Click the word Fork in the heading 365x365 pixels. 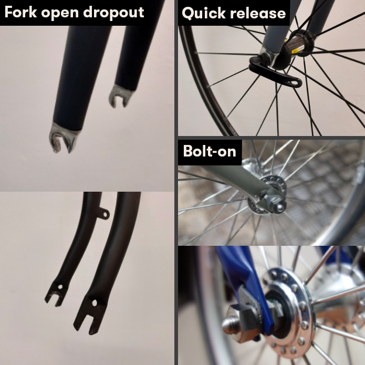click(20, 12)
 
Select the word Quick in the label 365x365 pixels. click(204, 13)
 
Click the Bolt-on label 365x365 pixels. click(210, 151)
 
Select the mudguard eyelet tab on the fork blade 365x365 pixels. click(104, 214)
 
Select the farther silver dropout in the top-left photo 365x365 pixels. click(120, 96)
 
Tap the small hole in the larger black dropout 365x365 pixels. click(95, 303)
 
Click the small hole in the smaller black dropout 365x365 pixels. click(60, 287)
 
